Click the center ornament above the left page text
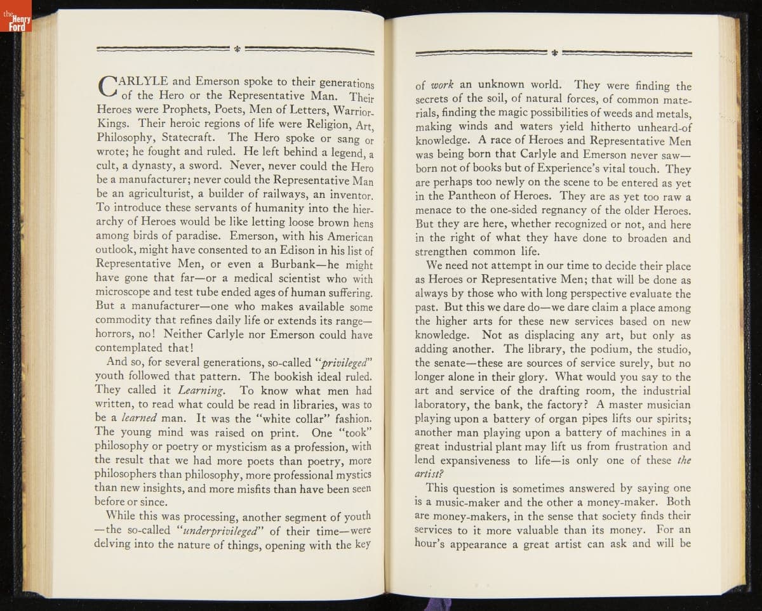pyautogui.click(x=237, y=48)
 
